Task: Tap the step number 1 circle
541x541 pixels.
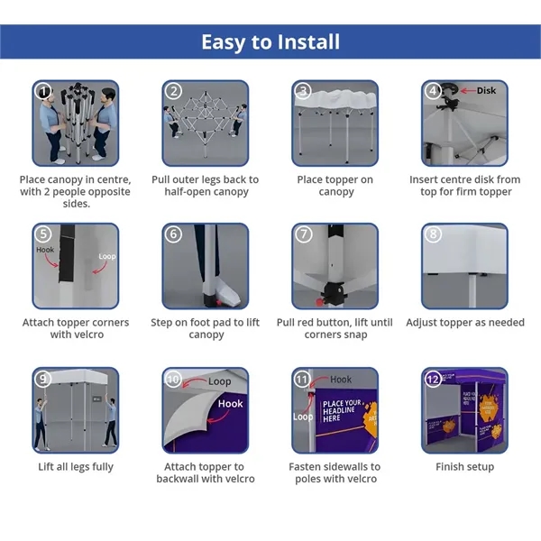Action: pyautogui.click(x=43, y=91)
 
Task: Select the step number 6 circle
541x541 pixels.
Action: pyautogui.click(x=173, y=234)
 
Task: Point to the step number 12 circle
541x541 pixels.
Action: pyautogui.click(x=433, y=380)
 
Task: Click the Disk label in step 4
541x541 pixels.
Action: pyautogui.click(x=486, y=90)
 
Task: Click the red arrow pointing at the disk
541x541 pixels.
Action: pyautogui.click(x=468, y=91)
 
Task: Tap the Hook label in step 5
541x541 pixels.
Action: pyautogui.click(x=45, y=250)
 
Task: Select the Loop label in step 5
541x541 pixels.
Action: pyautogui.click(x=107, y=256)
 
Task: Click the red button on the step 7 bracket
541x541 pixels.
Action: pyautogui.click(x=319, y=302)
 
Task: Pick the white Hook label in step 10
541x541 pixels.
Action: pyautogui.click(x=230, y=403)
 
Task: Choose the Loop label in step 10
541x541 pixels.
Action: pyautogui.click(x=219, y=381)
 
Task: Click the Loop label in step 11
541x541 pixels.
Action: pyautogui.click(x=303, y=417)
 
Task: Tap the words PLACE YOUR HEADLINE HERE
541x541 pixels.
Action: pyautogui.click(x=342, y=410)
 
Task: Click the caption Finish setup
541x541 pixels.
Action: pyautogui.click(x=464, y=466)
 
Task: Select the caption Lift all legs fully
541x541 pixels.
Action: pyautogui.click(x=76, y=467)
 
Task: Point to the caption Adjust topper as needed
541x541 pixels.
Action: pyautogui.click(x=465, y=322)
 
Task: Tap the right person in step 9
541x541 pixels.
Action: pyautogui.click(x=111, y=423)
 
